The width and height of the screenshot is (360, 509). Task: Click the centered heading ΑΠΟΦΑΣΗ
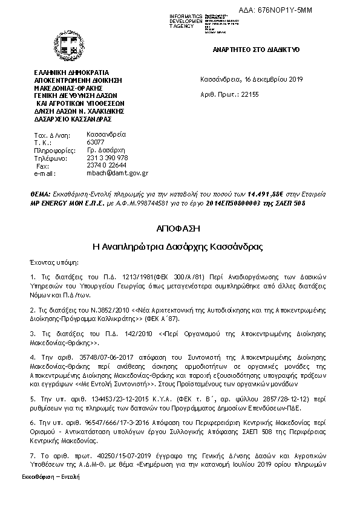pos(179,229)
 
